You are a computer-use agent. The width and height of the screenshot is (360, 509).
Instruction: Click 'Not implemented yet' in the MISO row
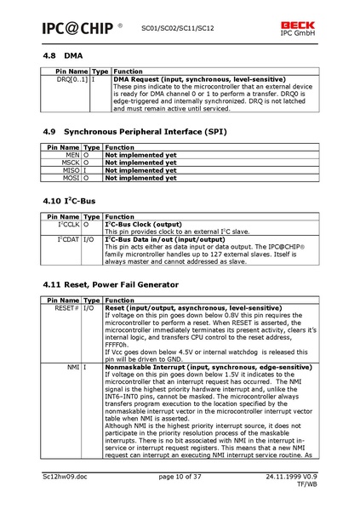(x=140, y=171)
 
